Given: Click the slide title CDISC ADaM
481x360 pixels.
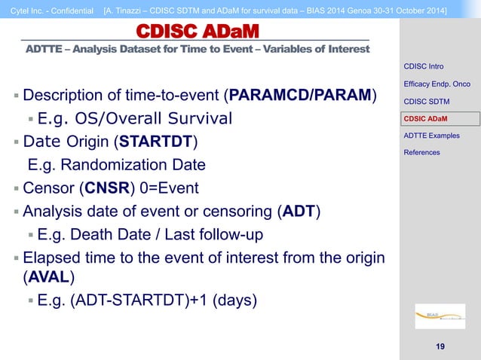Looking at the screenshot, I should point(197,31).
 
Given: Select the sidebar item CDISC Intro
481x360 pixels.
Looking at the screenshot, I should point(424,69).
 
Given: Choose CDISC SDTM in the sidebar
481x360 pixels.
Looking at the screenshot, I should point(427,102).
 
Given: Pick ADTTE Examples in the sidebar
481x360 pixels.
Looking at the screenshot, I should point(431,136).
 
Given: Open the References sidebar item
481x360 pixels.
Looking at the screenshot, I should point(422,152).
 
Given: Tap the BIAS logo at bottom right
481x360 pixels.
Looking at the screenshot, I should point(434,314).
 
